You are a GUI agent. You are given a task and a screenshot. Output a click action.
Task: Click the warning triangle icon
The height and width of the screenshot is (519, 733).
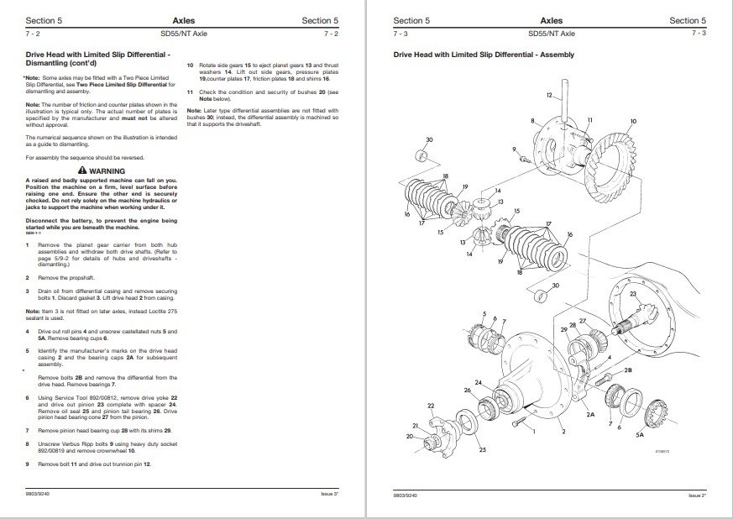81,170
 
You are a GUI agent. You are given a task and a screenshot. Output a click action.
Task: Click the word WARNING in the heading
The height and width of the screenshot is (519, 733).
107,170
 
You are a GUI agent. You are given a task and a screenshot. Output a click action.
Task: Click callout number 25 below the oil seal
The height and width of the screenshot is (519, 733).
482,450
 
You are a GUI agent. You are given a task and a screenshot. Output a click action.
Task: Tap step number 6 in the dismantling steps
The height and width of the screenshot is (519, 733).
27,396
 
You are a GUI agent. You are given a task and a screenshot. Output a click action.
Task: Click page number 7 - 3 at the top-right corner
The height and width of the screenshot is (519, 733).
697,34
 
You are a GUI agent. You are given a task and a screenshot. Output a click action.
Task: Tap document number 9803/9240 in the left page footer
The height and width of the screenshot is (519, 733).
38,495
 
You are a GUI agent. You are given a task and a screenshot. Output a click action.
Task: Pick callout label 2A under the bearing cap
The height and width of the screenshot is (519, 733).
590,414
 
